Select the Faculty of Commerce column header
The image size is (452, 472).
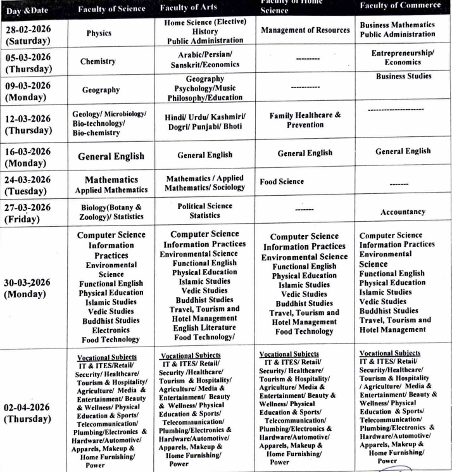pyautogui.click(x=399, y=6)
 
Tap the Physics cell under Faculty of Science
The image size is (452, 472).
pyautogui.click(x=98, y=33)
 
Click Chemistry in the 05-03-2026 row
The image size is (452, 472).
pyautogui.click(x=97, y=61)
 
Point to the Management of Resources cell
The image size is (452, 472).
pyautogui.click(x=305, y=30)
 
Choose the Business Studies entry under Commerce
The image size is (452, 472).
pyautogui.click(x=403, y=76)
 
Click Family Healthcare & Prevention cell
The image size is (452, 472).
pyautogui.click(x=305, y=120)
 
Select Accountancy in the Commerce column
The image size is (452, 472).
pyautogui.click(x=403, y=212)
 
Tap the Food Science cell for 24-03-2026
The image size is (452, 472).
pyautogui.click(x=282, y=181)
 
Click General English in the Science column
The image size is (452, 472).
pyautogui.click(x=111, y=156)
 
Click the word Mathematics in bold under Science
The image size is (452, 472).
pyautogui.click(x=111, y=180)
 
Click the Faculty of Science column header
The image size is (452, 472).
pyautogui.click(x=111, y=8)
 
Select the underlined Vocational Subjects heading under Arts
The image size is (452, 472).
pyautogui.click(x=191, y=355)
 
